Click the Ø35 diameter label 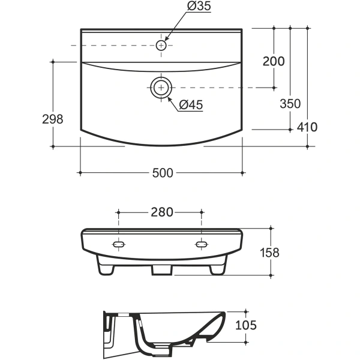(x=199, y=6)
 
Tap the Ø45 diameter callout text (x=191, y=105)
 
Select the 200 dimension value (x=274, y=61)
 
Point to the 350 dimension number (x=290, y=104)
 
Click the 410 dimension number (x=307, y=127)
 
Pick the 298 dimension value (x=52, y=119)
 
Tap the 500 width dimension (x=163, y=173)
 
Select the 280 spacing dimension (x=161, y=212)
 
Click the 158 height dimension (x=269, y=253)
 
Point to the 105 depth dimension (x=246, y=325)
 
